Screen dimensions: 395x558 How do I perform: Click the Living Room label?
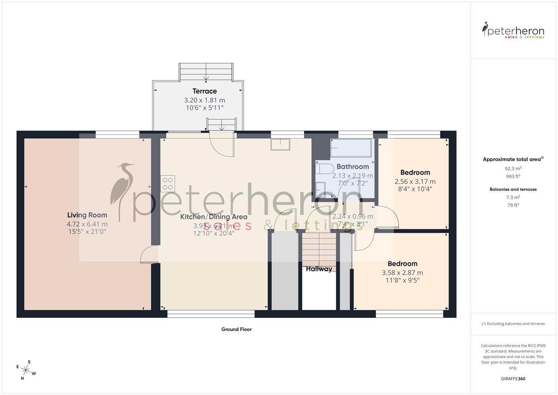click(x=87, y=215)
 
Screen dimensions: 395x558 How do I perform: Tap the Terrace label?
click(x=205, y=91)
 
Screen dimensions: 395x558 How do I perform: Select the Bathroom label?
click(x=353, y=167)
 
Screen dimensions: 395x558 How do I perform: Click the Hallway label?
click(x=319, y=269)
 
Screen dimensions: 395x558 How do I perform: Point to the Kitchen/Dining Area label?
click(x=214, y=217)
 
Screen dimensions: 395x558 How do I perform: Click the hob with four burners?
click(x=168, y=184)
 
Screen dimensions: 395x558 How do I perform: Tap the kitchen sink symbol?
click(x=280, y=144)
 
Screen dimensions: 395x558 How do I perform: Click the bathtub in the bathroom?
click(x=351, y=148)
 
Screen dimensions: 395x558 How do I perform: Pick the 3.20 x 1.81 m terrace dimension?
click(x=205, y=100)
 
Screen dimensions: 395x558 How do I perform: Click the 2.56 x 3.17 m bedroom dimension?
click(x=415, y=181)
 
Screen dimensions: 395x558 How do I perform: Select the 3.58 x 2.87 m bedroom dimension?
click(x=402, y=272)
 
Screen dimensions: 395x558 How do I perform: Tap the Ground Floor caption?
click(x=236, y=329)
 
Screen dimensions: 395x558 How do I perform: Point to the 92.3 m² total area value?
click(x=513, y=169)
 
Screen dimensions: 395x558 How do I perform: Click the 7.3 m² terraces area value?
click(x=513, y=197)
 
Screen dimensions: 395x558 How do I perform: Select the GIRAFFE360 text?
click(x=513, y=379)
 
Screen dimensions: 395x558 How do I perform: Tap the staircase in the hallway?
click(x=319, y=249)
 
